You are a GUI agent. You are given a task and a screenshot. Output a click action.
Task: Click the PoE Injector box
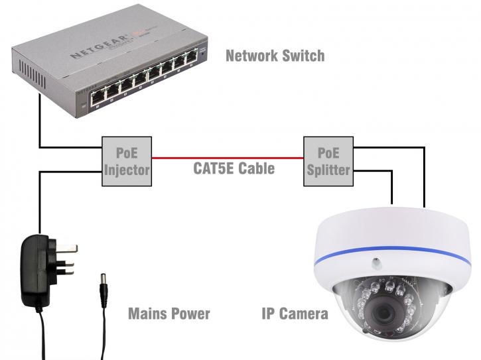coord(126,160)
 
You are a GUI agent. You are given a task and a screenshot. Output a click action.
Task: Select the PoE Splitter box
coord(328,160)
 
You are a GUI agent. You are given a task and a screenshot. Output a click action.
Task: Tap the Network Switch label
coord(275,55)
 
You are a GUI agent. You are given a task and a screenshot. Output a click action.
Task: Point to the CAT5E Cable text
coord(234,168)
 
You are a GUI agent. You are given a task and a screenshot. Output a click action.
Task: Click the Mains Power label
coord(169,314)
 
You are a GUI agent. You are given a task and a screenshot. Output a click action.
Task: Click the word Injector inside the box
coord(126,169)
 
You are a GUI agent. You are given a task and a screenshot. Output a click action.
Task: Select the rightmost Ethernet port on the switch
coord(192,64)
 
